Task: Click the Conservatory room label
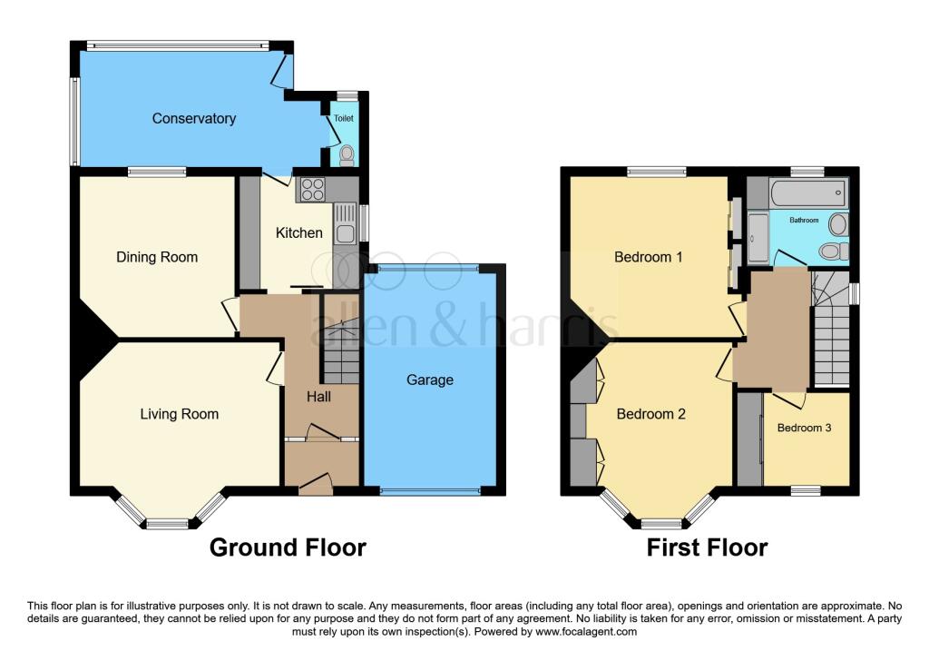pos(193,119)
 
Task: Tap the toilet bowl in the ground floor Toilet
pos(345,156)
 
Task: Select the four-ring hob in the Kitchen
pos(313,190)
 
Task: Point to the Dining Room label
pos(157,257)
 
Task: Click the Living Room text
pos(179,414)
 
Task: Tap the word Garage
pos(429,380)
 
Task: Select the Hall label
pos(318,397)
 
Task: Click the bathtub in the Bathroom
pos(807,192)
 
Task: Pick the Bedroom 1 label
pos(649,257)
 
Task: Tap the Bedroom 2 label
pos(650,414)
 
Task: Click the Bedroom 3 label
pos(804,428)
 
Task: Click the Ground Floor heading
pos(288,547)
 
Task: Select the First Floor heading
pos(707,547)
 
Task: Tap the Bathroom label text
pos(804,220)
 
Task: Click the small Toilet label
pos(344,119)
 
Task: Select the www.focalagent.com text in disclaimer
pos(587,632)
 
